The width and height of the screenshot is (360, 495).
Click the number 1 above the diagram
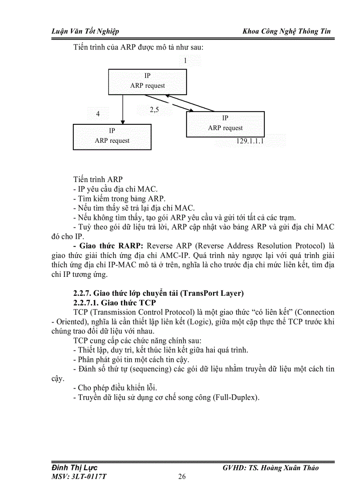[186, 61]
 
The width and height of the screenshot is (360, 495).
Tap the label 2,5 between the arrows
[154, 110]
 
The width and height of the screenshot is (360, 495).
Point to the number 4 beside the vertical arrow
[98, 114]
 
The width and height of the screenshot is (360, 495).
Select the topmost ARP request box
[147, 81]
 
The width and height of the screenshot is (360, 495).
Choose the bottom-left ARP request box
[112, 136]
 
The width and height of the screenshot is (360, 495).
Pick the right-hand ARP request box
[225, 124]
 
